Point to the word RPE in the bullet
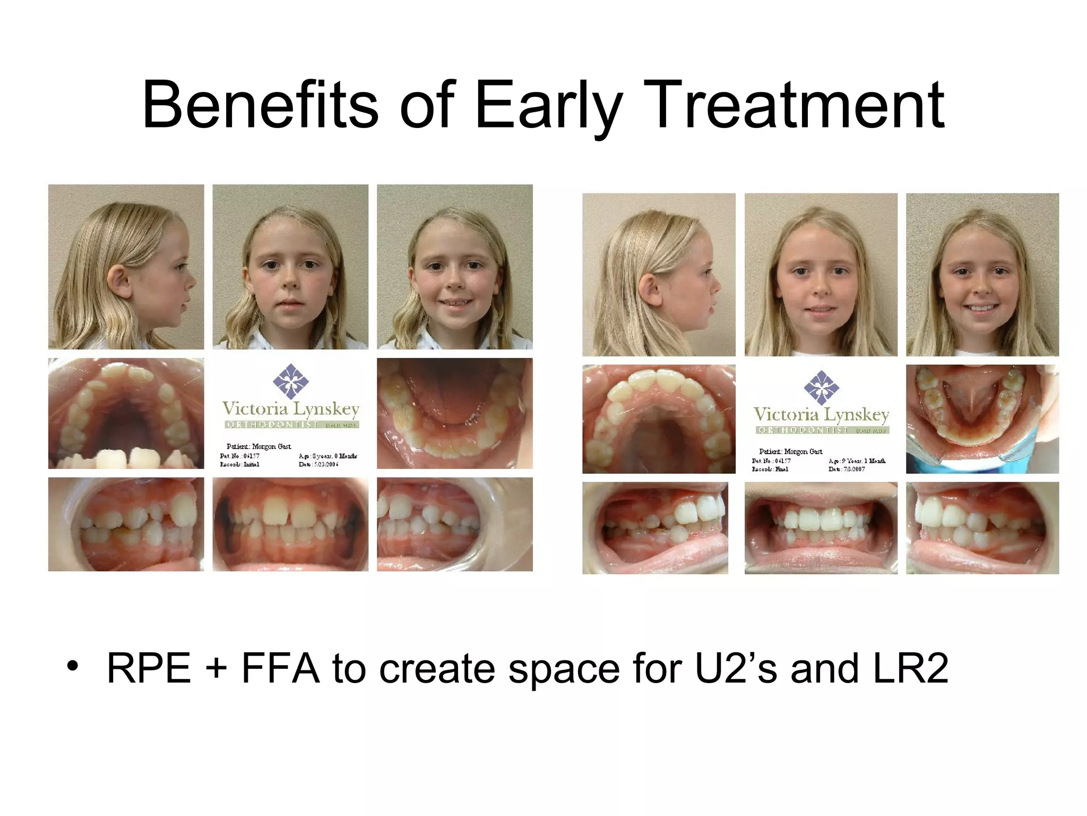coord(149,668)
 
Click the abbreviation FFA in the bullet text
coord(280,668)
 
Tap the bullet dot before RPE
coord(73,666)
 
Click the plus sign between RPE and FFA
coord(216,668)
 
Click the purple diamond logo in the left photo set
coord(290,381)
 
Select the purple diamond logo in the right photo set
coord(821,387)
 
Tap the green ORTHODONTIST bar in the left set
coord(291,424)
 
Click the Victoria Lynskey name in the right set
coord(821,414)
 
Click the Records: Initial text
coord(240,464)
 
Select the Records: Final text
coord(770,469)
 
